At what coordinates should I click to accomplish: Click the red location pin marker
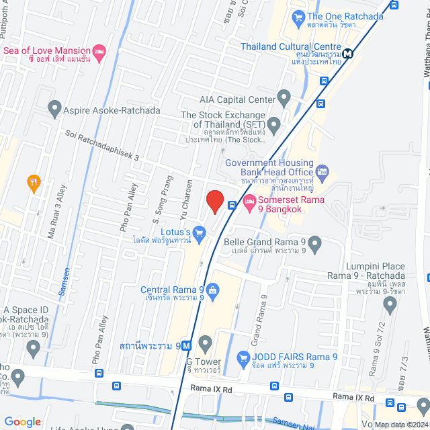tap(214, 201)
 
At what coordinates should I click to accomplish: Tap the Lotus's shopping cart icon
tap(199, 233)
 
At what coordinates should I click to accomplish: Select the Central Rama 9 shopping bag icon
tap(212, 290)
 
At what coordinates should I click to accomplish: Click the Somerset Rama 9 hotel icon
tap(249, 200)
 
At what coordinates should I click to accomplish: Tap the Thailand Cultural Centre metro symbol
tap(347, 54)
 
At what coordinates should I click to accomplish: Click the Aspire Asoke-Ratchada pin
tap(54, 106)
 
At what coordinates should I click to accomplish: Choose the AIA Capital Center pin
tap(284, 99)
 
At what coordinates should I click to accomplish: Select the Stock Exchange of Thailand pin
tap(273, 124)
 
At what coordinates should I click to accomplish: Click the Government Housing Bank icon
tap(322, 172)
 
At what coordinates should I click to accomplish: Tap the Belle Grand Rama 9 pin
tap(315, 243)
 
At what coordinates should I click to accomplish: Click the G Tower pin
tap(206, 342)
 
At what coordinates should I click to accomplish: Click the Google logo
tap(21, 421)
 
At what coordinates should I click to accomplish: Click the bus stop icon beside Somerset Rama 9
tap(231, 205)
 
